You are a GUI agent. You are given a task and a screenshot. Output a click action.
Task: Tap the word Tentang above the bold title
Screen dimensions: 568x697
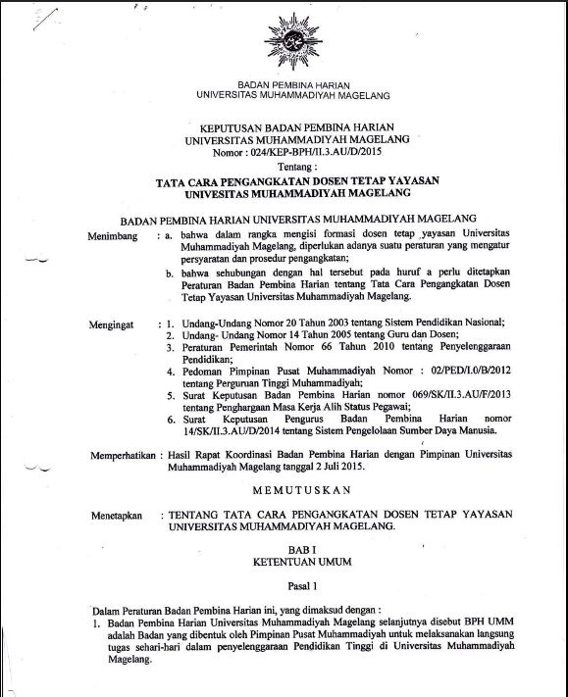(285, 168)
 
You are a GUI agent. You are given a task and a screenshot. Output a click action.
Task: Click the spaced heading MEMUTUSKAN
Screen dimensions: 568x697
(284, 486)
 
